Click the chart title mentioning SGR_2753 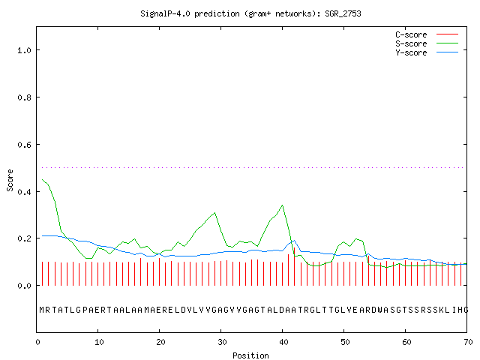pos(250,13)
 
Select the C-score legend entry pos(427,34)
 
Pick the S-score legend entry pos(427,43)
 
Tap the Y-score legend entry pos(427,52)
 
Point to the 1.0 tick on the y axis pos(24,50)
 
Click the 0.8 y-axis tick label pos(24,97)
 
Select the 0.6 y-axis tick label pos(24,145)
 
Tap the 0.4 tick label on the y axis pos(24,192)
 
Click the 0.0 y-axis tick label pos(24,286)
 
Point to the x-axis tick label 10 pos(99,342)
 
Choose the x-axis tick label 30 pos(222,342)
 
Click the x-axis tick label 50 pos(345,342)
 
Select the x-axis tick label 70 pos(468,342)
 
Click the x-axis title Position pos(250,355)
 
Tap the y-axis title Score pos(10,180)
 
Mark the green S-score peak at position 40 pos(282,205)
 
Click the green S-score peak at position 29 pos(215,212)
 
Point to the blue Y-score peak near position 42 pos(294,240)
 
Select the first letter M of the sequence pos(42,310)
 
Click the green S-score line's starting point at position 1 pos(42,179)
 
